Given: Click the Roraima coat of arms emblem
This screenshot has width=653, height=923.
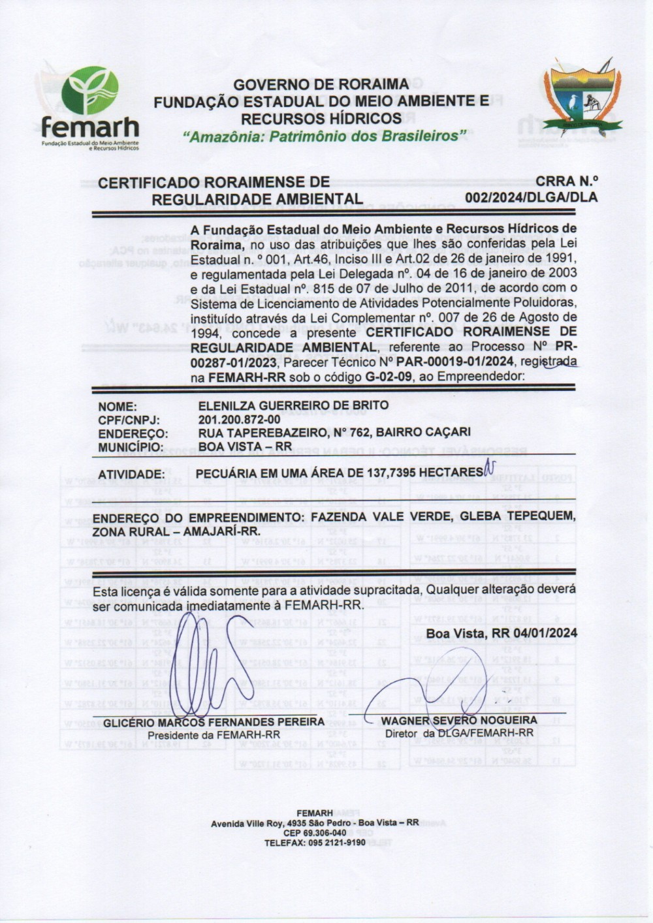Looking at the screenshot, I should [582, 96].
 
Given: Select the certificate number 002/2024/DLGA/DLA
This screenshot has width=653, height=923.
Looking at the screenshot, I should [531, 197].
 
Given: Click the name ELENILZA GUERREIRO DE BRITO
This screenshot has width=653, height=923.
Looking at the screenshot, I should [293, 405].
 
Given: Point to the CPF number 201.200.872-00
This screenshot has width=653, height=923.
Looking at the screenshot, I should [239, 419].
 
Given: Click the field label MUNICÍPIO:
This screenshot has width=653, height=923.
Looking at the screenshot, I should [131, 447].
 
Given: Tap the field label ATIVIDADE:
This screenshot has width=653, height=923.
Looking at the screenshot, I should [131, 474].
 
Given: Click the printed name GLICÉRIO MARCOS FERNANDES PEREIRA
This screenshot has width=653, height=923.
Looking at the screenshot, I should [214, 722].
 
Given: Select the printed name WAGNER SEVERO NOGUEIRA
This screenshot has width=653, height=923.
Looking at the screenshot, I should [459, 721].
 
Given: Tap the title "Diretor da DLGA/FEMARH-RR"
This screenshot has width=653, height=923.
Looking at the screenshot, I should [459, 733].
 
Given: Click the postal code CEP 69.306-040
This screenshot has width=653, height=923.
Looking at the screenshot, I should [315, 833].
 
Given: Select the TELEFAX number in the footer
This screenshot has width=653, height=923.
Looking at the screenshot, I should [315, 843].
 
